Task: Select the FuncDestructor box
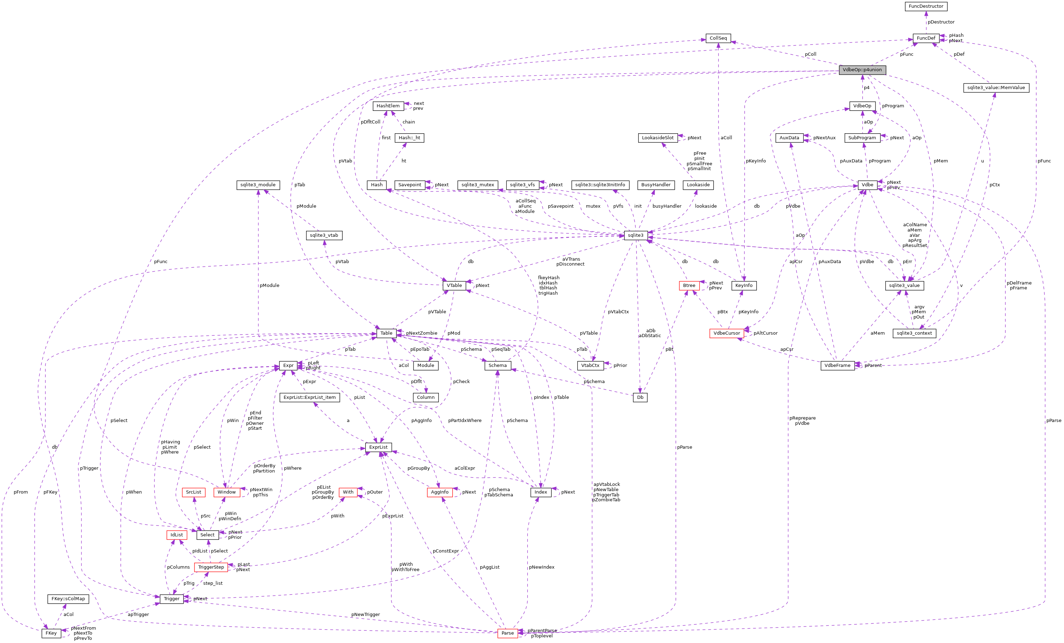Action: pos(926,6)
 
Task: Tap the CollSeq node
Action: pos(718,38)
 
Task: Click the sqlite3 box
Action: pos(636,235)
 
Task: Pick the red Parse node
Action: pos(507,633)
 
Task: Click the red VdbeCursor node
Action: pos(726,333)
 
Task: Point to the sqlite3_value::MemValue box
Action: pos(996,88)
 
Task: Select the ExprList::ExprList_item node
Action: pos(310,397)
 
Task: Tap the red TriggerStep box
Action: pos(211,567)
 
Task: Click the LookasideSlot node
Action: pos(657,138)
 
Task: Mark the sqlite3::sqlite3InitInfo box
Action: pos(600,185)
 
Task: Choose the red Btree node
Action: pos(689,286)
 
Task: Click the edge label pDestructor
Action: pos(941,22)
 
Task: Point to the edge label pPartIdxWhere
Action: pos(465,420)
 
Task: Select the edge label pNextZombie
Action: pos(422,333)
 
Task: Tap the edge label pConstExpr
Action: pos(445,551)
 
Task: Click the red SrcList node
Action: pos(193,492)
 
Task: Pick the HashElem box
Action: pos(388,106)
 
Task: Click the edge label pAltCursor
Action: pos(765,333)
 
